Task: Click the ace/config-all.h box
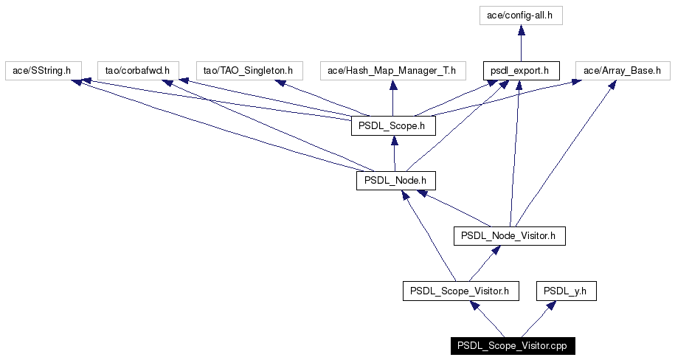[x=521, y=15]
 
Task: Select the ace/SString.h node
[x=42, y=71]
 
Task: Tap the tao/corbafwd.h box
[x=138, y=71]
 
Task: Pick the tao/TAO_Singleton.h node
[x=249, y=71]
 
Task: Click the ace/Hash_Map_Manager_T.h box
[x=393, y=71]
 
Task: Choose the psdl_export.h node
[x=522, y=71]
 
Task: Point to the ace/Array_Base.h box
[x=623, y=71]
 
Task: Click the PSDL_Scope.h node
[x=393, y=125]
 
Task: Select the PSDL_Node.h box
[x=396, y=181]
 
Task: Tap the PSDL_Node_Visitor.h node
[x=510, y=236]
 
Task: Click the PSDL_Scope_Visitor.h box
[x=461, y=291]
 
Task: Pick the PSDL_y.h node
[x=567, y=291]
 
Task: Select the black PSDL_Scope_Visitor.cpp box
[x=513, y=346]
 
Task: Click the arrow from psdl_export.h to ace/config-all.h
[x=522, y=43]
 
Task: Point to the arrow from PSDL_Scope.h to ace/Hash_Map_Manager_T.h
[x=393, y=98]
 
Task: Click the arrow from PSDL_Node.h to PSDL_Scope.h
[x=395, y=153]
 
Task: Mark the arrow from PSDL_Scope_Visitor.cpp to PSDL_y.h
[x=538, y=319]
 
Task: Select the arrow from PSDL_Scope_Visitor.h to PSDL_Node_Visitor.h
[x=485, y=263]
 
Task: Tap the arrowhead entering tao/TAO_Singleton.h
[x=280, y=83]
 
